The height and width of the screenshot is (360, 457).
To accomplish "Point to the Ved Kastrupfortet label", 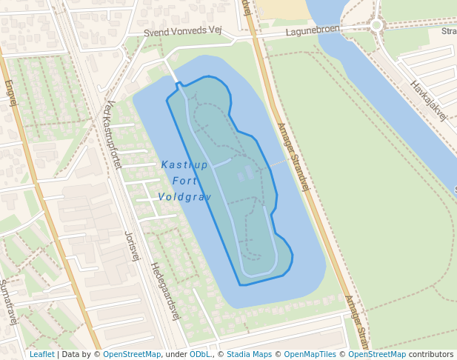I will [113, 134].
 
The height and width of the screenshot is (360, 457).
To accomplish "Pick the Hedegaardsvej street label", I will [166, 290].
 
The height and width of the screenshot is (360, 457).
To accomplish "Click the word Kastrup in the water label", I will [184, 164].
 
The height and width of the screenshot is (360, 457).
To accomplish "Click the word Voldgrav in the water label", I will [184, 197].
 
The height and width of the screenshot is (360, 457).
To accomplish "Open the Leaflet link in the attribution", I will [41, 354].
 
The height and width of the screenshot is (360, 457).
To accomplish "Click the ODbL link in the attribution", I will [199, 354].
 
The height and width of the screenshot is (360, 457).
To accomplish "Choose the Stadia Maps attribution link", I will [249, 354].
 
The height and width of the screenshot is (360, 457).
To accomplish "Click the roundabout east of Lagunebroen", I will [376, 24].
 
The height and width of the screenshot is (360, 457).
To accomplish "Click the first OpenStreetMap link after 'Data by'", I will [132, 354].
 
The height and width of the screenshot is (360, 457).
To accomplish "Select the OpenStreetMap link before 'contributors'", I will [377, 354].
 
